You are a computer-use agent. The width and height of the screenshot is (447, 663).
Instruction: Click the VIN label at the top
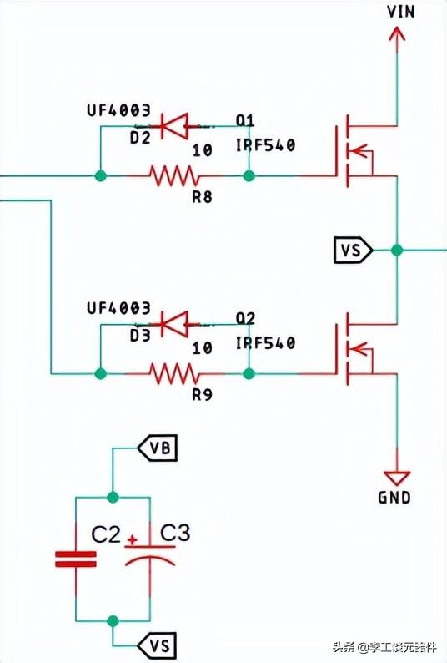400,12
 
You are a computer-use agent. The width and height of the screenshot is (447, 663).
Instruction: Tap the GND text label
394,498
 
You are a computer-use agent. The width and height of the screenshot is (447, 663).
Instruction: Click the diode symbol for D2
174,125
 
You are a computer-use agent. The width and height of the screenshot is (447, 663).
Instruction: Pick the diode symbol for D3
174,324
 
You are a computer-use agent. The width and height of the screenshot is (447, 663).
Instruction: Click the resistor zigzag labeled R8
173,175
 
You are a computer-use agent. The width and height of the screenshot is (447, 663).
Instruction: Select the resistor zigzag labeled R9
173,374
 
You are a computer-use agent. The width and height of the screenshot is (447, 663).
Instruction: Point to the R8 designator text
203,196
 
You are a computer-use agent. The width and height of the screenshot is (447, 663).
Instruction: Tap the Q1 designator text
245,120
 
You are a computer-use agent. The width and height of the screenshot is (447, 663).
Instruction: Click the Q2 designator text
245,318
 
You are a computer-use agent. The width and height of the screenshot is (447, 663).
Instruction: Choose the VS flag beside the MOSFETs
353,250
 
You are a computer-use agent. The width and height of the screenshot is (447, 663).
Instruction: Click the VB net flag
157,448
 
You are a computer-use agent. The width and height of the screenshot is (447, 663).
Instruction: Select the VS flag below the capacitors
157,645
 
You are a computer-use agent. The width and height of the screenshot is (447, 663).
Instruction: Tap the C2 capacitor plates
76,559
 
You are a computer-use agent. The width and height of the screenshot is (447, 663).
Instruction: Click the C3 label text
175,533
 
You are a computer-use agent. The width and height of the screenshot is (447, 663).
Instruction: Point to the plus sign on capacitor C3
133,539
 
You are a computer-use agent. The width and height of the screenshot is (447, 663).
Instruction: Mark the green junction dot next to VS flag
397,250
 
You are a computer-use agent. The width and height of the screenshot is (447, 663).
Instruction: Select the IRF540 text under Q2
265,342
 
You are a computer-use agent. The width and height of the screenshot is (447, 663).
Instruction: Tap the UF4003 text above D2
118,110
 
